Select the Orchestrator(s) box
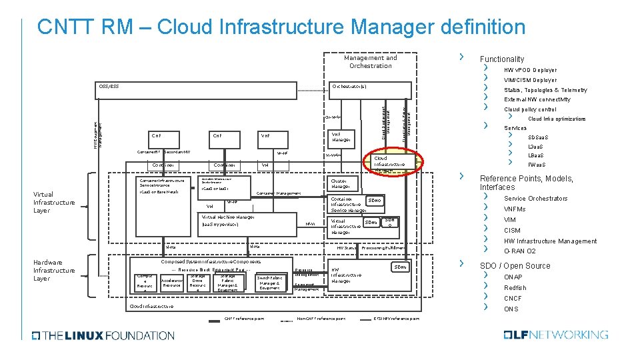tap(349, 87)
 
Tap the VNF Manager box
tap(341, 137)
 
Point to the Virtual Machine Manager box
tap(227, 221)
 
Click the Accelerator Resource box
tap(171, 283)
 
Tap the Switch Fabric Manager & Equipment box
tap(269, 283)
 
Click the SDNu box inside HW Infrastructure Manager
tap(399, 267)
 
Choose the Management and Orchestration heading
tap(370, 61)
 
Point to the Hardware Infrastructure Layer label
tap(54, 270)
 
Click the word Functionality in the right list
tap(502, 59)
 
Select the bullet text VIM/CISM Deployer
tap(530, 80)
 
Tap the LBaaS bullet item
tap(537, 155)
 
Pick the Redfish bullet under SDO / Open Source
tap(515, 288)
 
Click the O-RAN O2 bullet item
tap(519, 251)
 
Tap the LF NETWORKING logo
tap(556, 335)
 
